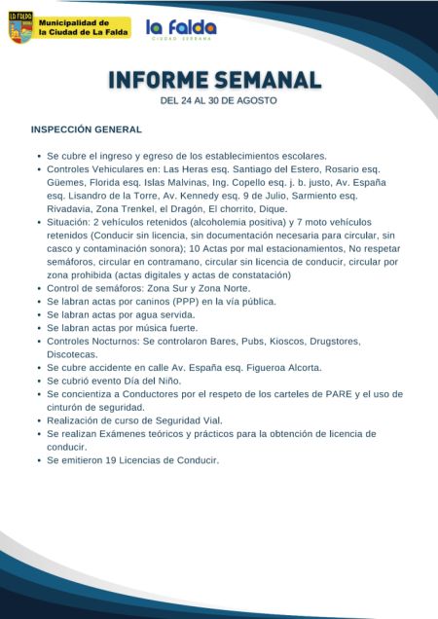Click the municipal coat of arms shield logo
click(19, 27)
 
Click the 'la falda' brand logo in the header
click(181, 29)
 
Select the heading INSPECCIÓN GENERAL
click(87, 129)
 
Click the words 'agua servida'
click(149, 315)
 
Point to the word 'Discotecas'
click(72, 354)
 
